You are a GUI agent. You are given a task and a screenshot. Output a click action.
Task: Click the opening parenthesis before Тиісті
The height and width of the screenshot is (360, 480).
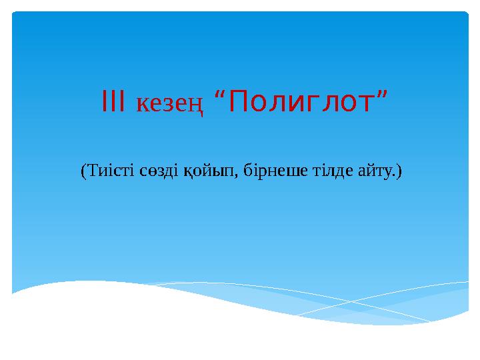[83, 172]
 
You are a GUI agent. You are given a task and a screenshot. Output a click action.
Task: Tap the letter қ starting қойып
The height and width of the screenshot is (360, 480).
[187, 173]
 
